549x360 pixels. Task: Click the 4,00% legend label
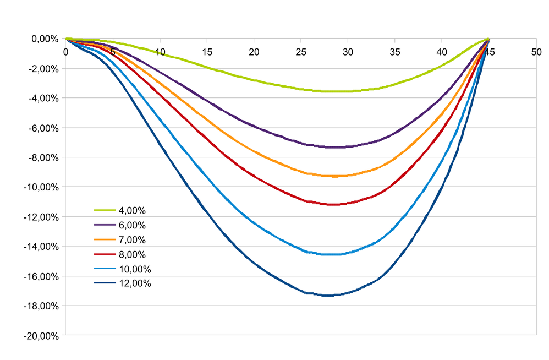132,210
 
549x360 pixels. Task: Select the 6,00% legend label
132,225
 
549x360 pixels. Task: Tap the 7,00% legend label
132,240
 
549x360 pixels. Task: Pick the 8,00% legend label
132,254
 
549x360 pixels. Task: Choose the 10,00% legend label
134,269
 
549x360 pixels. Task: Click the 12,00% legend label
134,283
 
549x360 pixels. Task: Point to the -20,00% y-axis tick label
41,335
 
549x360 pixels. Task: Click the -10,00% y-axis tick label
41,187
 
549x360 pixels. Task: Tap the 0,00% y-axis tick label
44,39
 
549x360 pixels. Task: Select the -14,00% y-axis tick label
41,247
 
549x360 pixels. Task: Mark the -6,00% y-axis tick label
43,128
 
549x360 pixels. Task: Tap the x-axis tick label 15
207,52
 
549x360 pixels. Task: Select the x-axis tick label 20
254,52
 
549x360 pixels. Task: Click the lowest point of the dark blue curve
328,296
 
